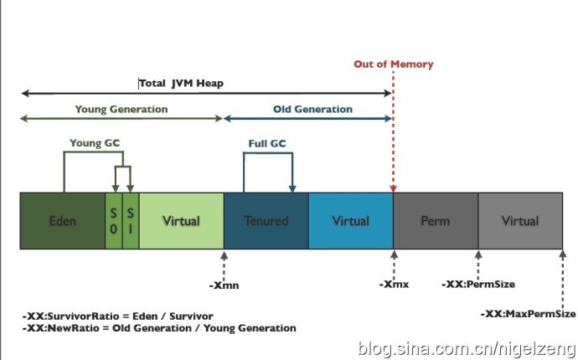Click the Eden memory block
[x=63, y=221]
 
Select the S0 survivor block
[x=114, y=221]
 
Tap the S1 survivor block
[x=131, y=221]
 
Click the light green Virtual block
[x=181, y=221]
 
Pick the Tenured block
[x=266, y=221]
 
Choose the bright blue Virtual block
[x=350, y=221]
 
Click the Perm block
[x=436, y=221]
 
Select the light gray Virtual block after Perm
[x=519, y=221]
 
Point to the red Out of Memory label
[x=394, y=64]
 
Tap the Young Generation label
[x=121, y=110]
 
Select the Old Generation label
[x=312, y=110]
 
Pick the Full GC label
[x=267, y=144]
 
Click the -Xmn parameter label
[x=224, y=285]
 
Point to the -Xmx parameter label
[x=394, y=285]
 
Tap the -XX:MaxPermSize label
[x=528, y=314]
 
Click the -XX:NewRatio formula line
[x=159, y=328]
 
